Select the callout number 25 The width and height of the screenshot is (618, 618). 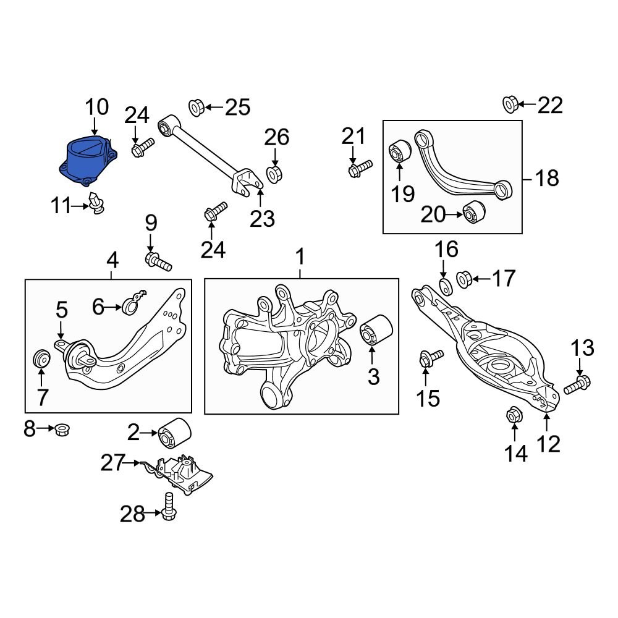[237, 108]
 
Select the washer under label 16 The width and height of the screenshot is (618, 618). [444, 286]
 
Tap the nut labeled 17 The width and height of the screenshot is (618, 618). [465, 279]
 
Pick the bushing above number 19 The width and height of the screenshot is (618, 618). [399, 150]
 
